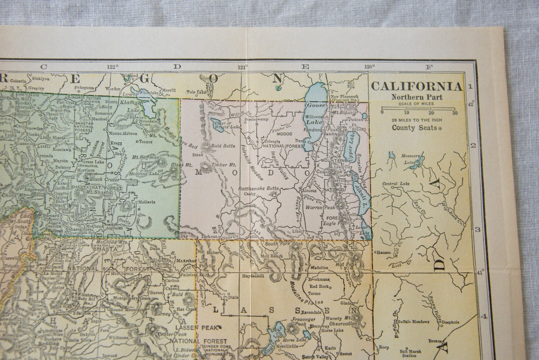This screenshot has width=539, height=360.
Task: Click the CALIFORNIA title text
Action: tap(417, 86)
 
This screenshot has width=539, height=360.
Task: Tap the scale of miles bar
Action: tap(418, 108)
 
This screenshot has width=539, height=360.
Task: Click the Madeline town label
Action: tap(319, 268)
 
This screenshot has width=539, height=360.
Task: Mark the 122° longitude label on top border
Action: tap(112, 66)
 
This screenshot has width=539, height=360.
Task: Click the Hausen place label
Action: tap(383, 252)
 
